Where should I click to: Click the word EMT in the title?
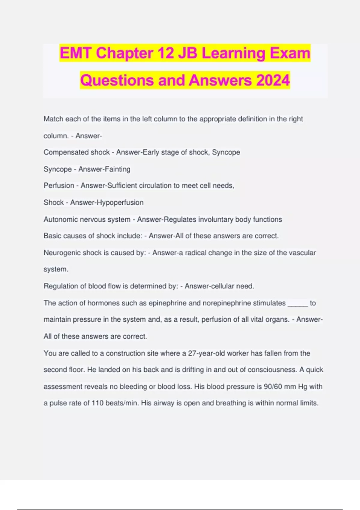(76, 53)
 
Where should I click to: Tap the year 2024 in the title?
(273, 80)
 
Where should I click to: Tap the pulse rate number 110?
(97, 403)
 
